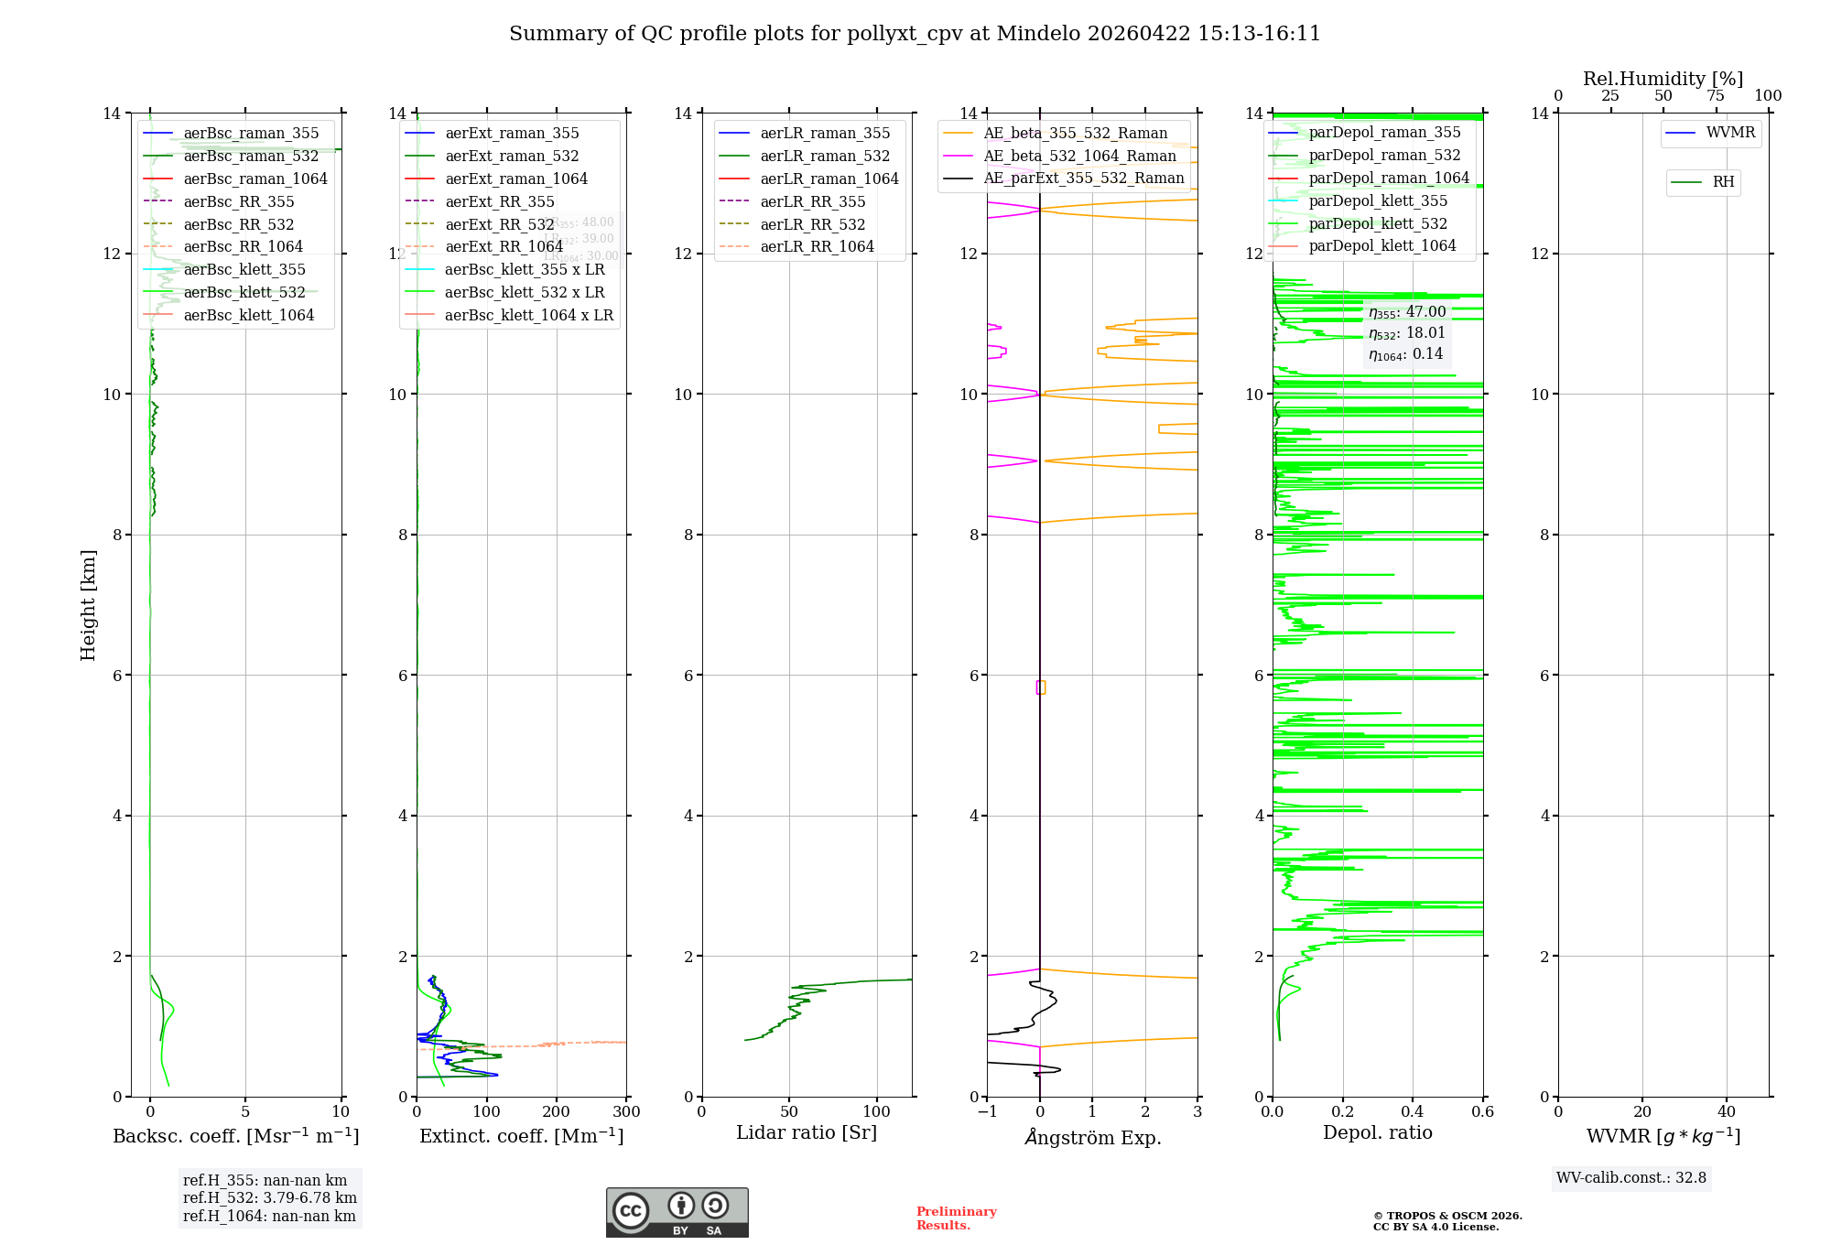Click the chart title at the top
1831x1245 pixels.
(x=915, y=34)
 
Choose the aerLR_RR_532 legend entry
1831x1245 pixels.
(x=812, y=225)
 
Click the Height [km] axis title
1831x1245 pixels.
(x=88, y=604)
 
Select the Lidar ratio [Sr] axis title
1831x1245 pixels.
(x=807, y=1133)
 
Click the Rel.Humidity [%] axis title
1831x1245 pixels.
(x=1663, y=79)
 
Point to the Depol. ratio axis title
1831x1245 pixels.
(x=1377, y=1133)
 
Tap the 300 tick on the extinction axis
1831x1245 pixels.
(x=626, y=1112)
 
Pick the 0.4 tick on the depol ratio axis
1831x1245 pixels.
(x=1413, y=1112)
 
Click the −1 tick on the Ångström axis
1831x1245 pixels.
(x=987, y=1112)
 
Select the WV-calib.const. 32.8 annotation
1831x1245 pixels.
(x=1631, y=1178)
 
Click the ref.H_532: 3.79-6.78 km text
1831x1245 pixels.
(x=270, y=1198)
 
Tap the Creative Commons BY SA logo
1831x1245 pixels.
(x=677, y=1213)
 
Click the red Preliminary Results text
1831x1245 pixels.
(x=956, y=1218)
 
